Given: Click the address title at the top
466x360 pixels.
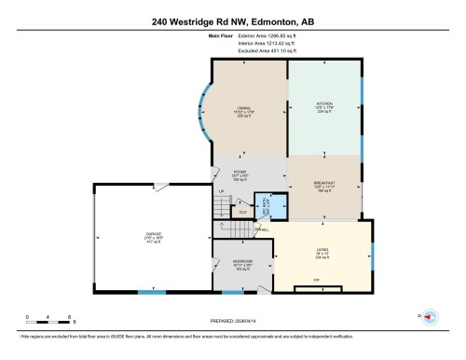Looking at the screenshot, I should [232, 21].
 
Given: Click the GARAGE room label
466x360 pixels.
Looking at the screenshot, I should [153, 235].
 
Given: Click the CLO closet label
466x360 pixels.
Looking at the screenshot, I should [242, 213].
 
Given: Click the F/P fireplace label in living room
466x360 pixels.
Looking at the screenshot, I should [317, 281].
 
